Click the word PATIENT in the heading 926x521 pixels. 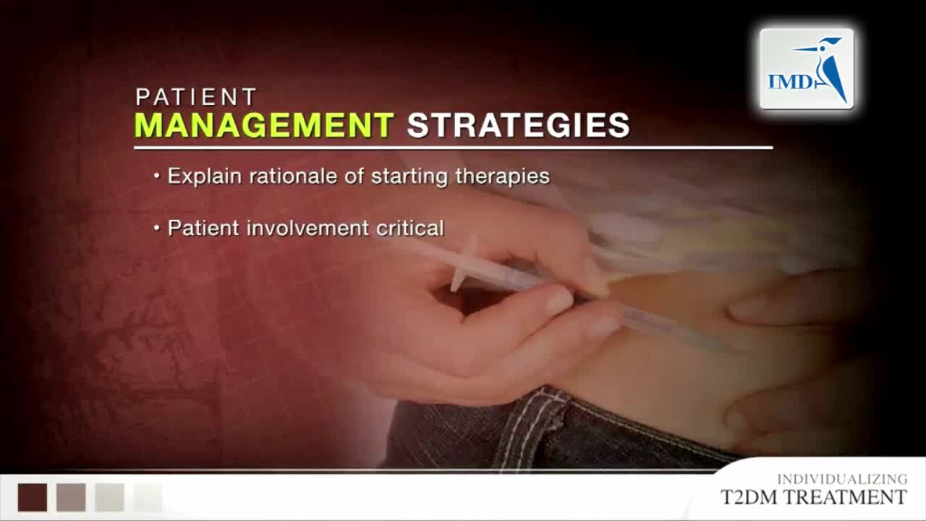(x=196, y=97)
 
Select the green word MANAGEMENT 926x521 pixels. (x=264, y=125)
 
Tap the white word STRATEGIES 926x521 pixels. (x=519, y=125)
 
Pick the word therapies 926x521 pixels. (x=503, y=177)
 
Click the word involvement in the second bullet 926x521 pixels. (x=307, y=228)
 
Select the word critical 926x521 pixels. (x=410, y=228)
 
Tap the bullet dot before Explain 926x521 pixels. (x=157, y=176)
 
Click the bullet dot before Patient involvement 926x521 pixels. (x=157, y=228)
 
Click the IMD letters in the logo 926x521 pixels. (x=789, y=82)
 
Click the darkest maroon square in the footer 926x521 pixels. (x=33, y=497)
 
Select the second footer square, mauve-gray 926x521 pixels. (x=71, y=497)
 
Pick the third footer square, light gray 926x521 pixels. (x=109, y=497)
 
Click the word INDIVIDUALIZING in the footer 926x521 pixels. (x=843, y=479)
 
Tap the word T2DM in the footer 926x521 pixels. (x=749, y=497)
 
